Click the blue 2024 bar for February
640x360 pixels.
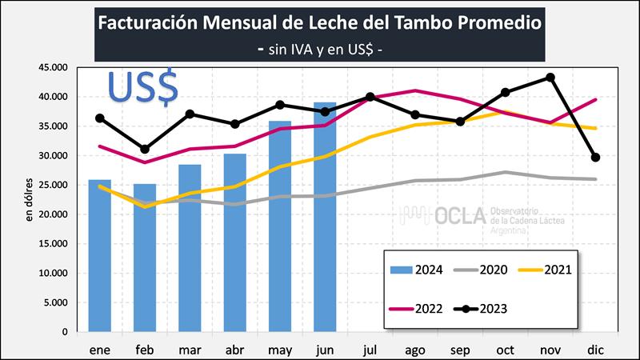145,258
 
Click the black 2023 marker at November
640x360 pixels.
550,78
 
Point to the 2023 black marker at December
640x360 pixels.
595,158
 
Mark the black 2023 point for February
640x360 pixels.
145,150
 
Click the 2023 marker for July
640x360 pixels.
370,97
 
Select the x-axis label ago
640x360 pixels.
414,349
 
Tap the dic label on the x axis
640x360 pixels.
594,349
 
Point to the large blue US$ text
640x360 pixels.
143,89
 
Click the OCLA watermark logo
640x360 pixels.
464,217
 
